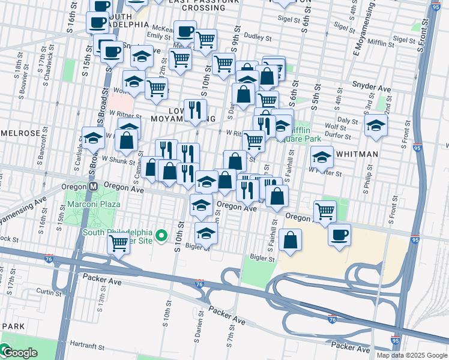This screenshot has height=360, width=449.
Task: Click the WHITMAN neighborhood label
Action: pos(357,154)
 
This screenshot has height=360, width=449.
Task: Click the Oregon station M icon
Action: pos(93,187)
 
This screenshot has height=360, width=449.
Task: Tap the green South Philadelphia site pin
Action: pos(161,236)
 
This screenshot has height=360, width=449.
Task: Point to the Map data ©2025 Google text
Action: pos(411,355)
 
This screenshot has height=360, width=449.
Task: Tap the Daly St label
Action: pos(348,120)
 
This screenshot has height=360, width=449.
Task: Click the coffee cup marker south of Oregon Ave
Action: pos(339,233)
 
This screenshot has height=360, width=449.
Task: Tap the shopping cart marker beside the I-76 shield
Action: pos(118,243)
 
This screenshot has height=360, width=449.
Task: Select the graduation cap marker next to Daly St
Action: pos(376,125)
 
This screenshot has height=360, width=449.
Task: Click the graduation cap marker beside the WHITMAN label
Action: pos(322,157)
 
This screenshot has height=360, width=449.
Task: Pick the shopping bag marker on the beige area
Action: pos(290,239)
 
